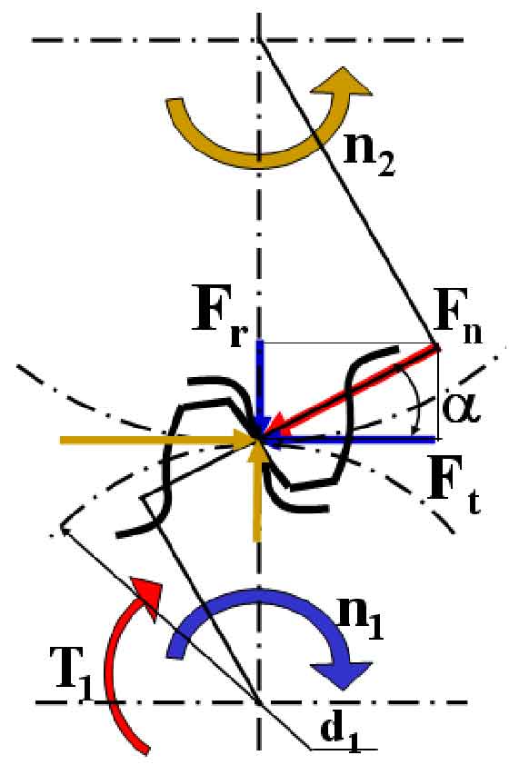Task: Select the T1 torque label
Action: (x=72, y=674)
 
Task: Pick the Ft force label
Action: (x=453, y=486)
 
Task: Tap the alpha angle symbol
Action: (x=461, y=408)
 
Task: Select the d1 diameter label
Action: (x=340, y=733)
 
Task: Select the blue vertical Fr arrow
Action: (x=261, y=389)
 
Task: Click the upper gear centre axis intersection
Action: (x=258, y=40)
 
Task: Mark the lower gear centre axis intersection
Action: (x=258, y=701)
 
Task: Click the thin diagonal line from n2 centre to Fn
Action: (x=348, y=193)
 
